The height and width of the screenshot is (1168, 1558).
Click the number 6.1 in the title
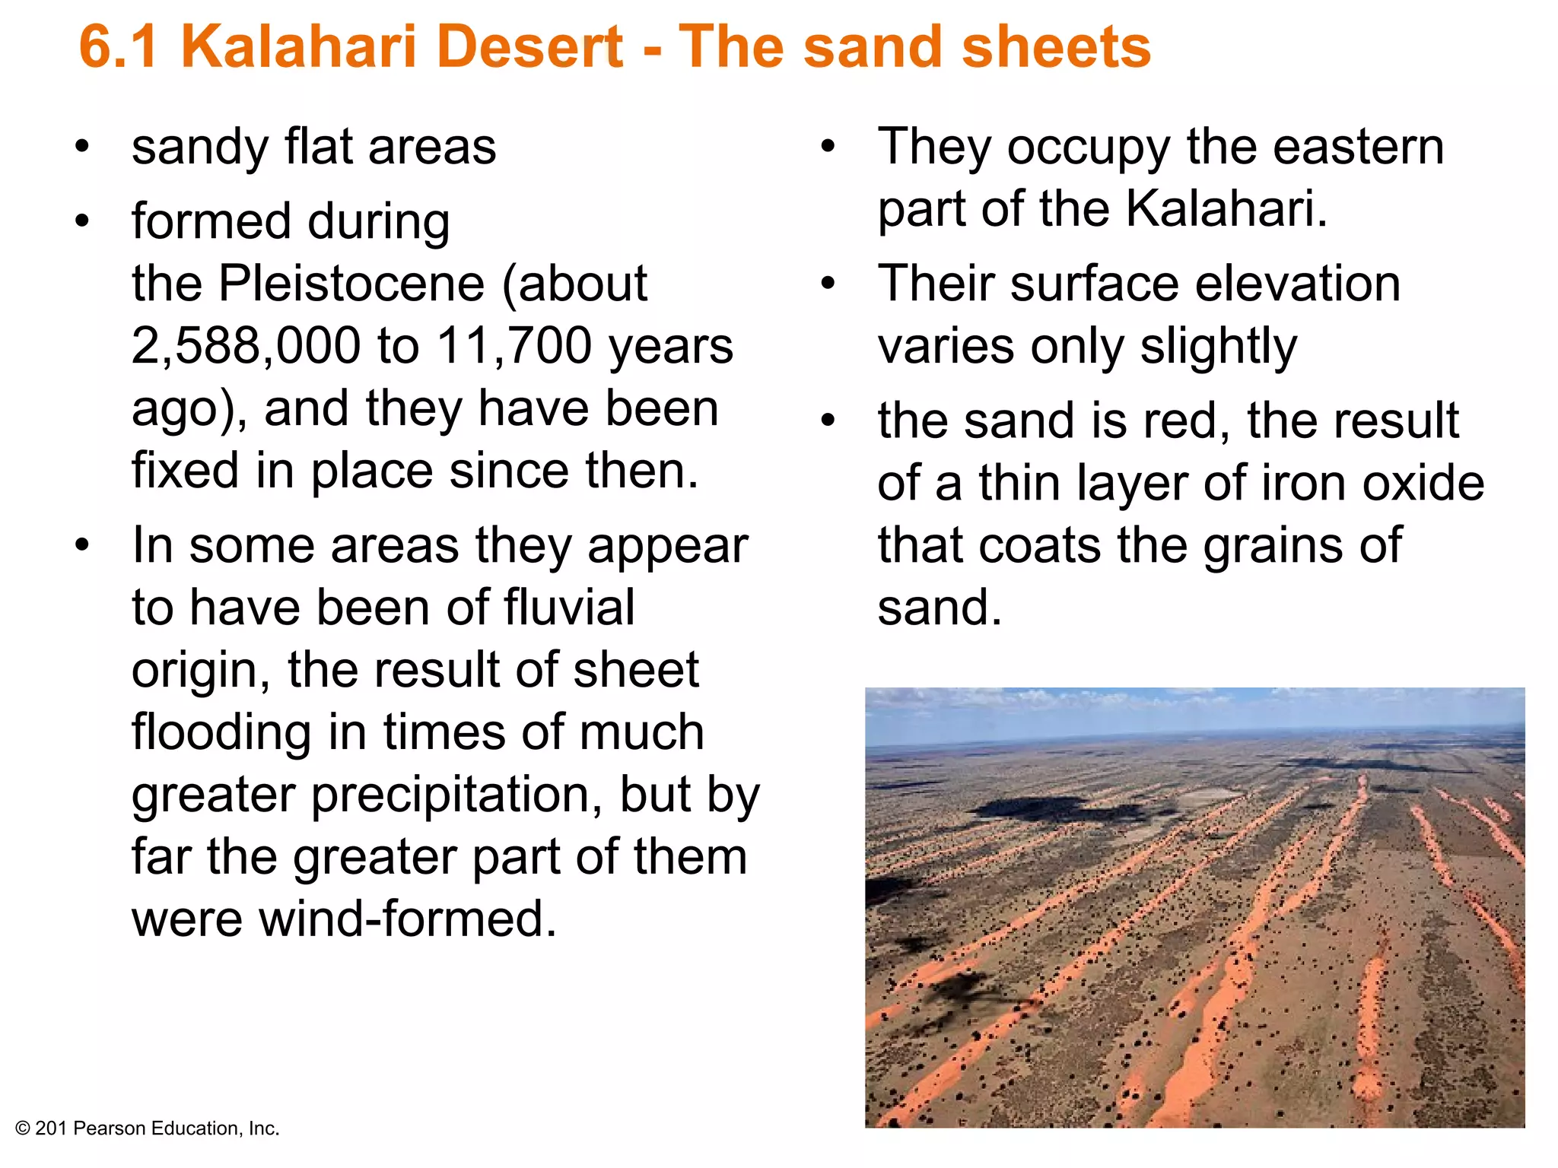(x=119, y=47)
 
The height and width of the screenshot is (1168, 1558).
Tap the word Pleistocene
(x=351, y=284)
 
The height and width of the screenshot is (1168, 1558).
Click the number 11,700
(x=514, y=347)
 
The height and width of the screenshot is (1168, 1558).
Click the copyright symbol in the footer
(x=23, y=1128)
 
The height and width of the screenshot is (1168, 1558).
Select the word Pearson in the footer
(x=110, y=1128)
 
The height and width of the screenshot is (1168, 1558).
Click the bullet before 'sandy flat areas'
(x=82, y=146)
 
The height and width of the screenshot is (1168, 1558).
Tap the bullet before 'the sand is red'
(x=828, y=420)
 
